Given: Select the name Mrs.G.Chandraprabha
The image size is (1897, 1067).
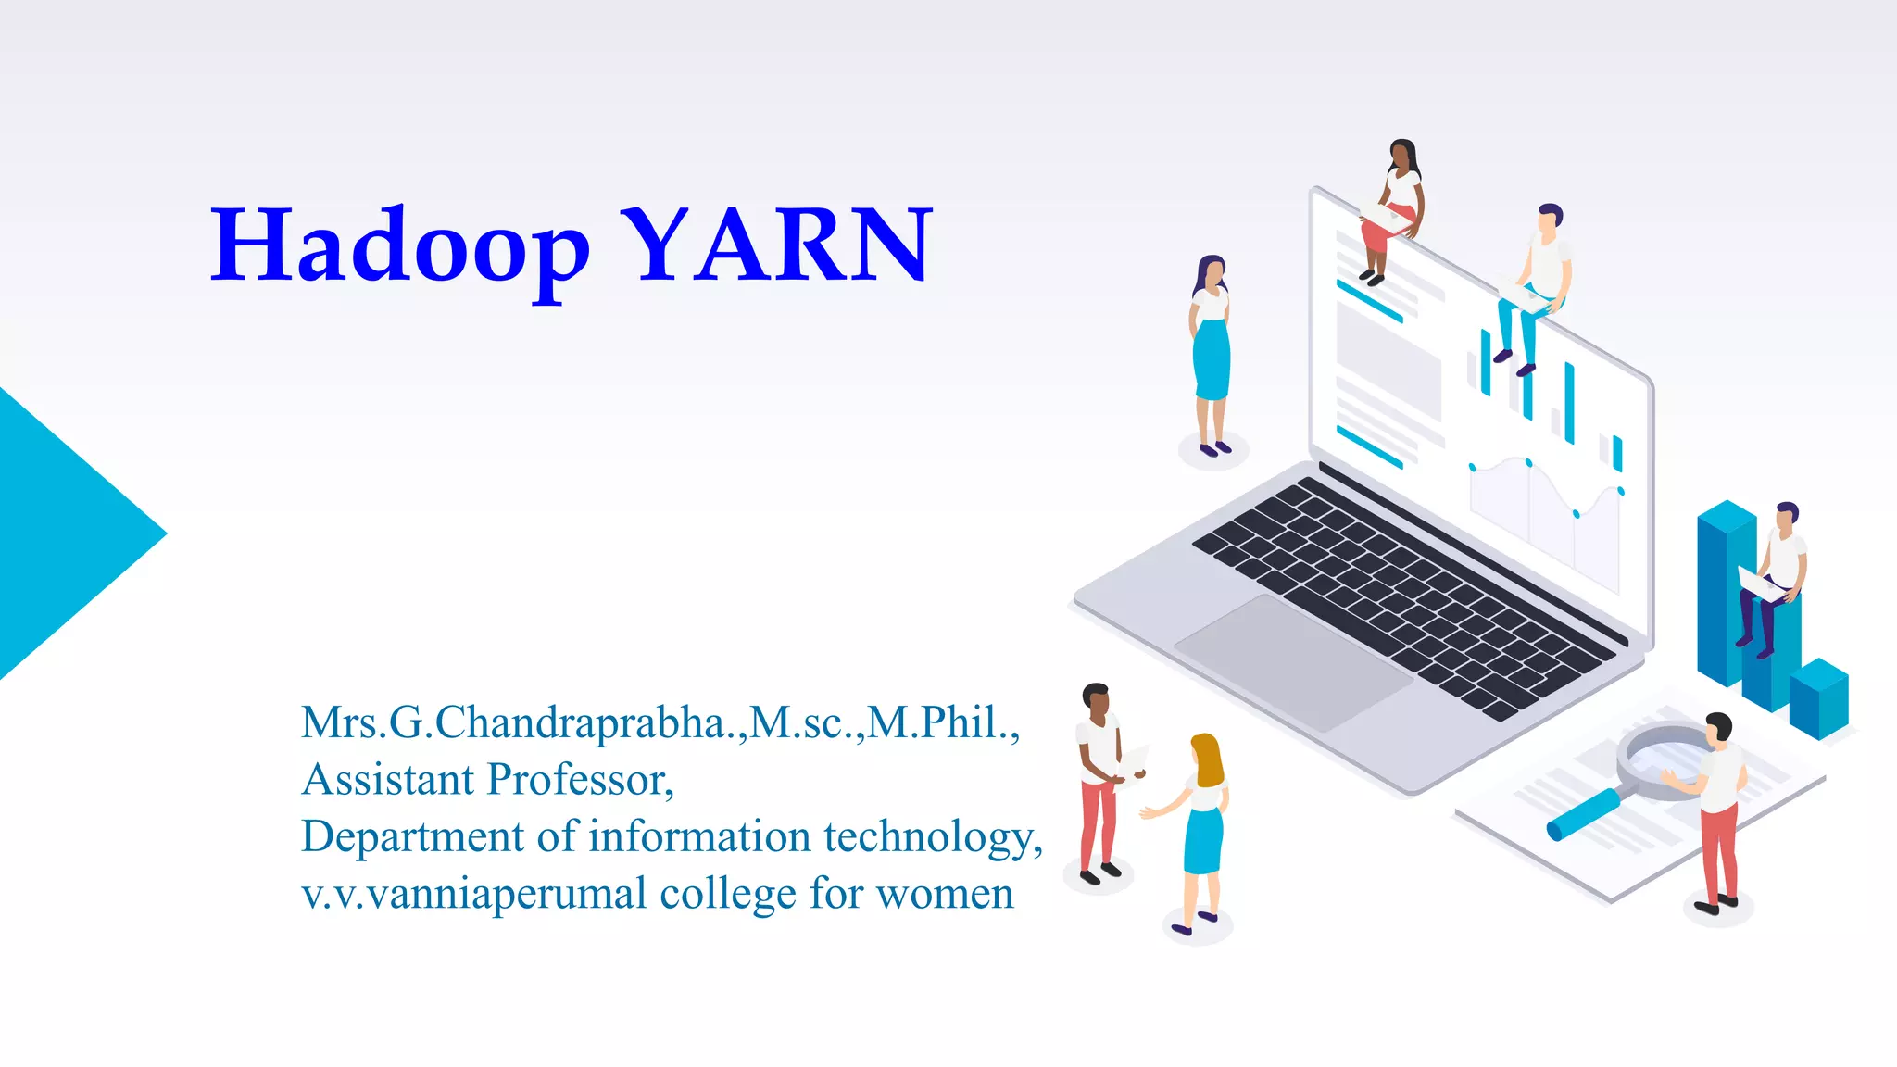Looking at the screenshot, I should tap(520, 723).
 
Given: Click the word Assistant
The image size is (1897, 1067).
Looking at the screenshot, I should tap(387, 780).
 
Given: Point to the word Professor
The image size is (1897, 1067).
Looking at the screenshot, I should tap(580, 780).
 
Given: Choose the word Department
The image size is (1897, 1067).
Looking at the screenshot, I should tap(413, 837).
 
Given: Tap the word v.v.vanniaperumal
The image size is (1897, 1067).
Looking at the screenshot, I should tap(473, 895).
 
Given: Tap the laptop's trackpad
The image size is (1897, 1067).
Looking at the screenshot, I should tap(1292, 662).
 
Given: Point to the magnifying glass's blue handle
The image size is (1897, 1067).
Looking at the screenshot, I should tap(1584, 813).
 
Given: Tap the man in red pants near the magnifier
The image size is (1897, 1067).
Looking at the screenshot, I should tap(1719, 815).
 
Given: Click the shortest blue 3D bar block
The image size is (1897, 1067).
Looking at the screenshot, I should tap(1819, 699).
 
